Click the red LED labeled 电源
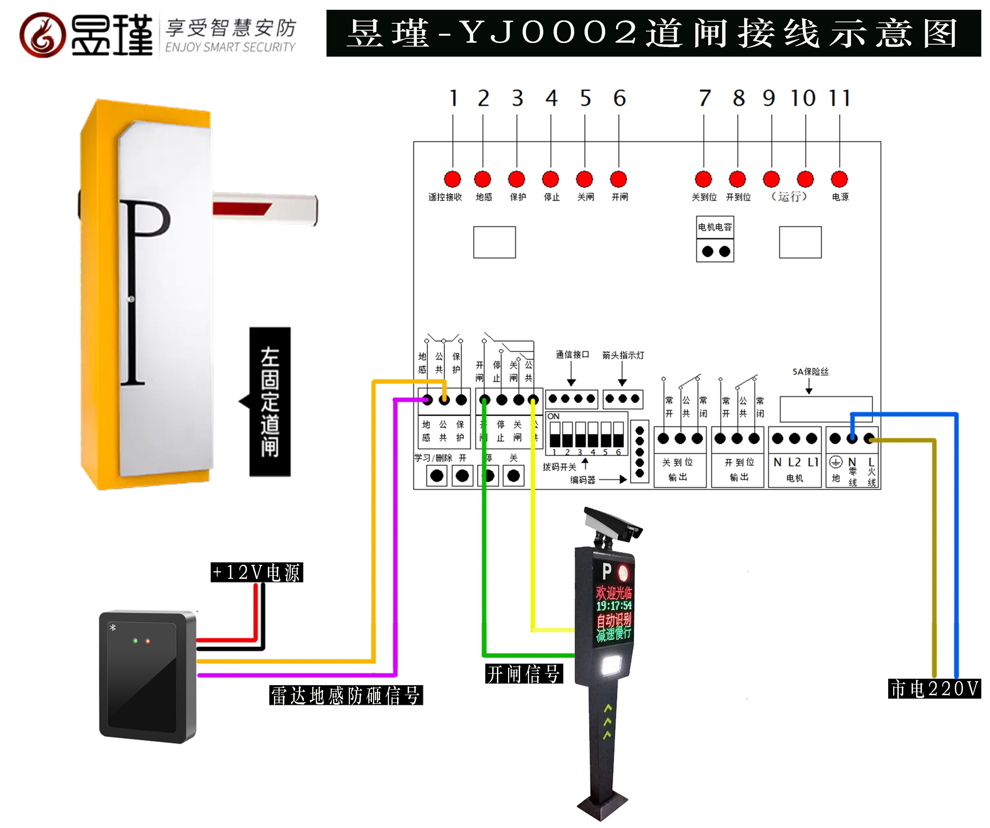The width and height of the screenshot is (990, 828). click(839, 179)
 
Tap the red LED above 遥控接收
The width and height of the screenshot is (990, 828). click(452, 179)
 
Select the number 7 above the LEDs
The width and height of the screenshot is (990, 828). click(704, 98)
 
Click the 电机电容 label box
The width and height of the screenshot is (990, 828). click(715, 227)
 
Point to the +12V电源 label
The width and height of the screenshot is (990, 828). click(256, 572)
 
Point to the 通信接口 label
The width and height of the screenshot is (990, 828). click(572, 355)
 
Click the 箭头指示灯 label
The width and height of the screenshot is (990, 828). click(623, 355)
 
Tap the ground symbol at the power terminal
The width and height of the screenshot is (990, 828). click(835, 462)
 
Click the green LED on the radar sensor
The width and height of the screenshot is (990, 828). click(135, 641)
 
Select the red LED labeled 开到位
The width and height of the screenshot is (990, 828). click(737, 179)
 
